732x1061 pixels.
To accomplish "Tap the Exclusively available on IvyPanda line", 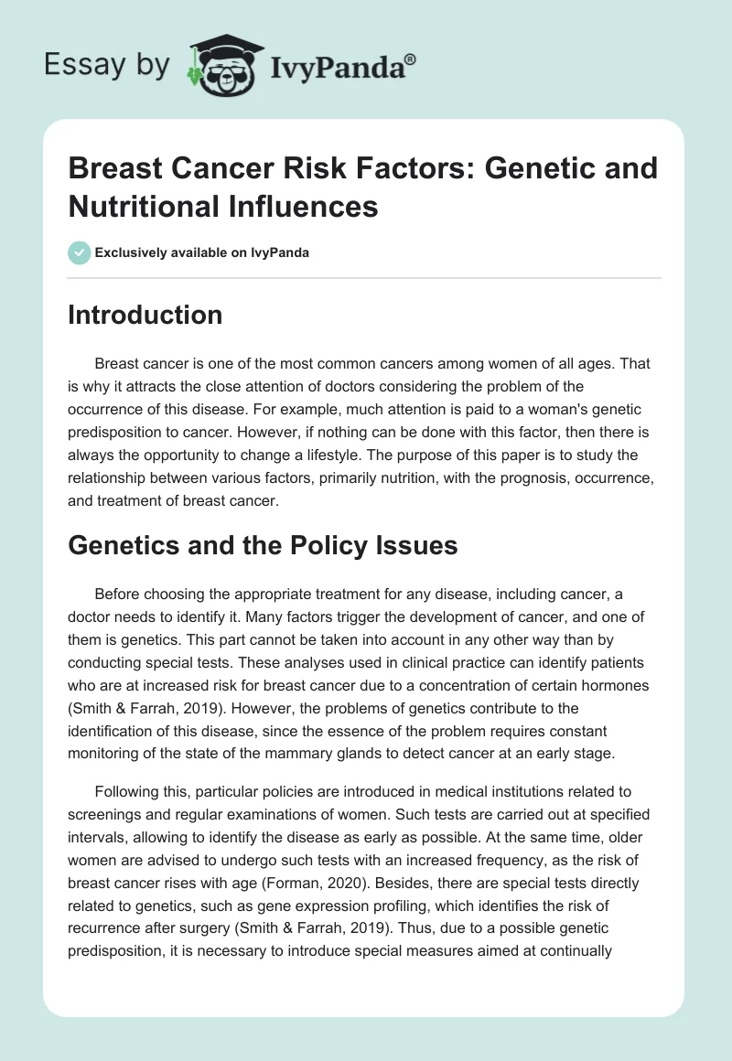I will pyautogui.click(x=200, y=252).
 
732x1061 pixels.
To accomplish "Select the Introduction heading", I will pyautogui.click(x=145, y=315).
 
